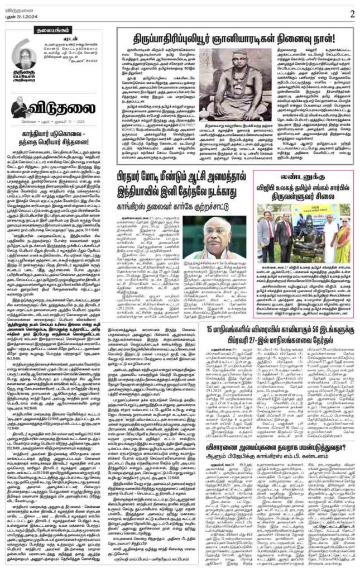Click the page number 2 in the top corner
click(352, 11)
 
